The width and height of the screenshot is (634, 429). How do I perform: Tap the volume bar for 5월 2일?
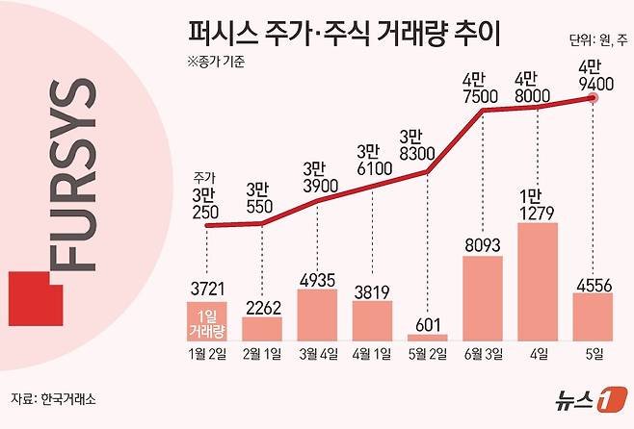(x=428, y=336)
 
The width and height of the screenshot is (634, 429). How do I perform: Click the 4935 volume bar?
(x=316, y=314)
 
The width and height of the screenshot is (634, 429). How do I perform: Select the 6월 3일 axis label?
(x=482, y=355)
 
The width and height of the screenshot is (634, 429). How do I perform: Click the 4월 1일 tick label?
(x=372, y=355)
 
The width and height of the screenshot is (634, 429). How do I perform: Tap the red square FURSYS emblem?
(x=33, y=300)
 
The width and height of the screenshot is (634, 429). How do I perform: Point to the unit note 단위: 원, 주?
(x=595, y=40)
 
